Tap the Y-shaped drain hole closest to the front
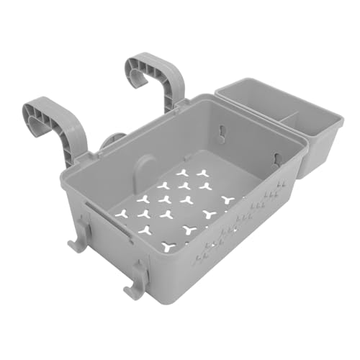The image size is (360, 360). click(x=168, y=246)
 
